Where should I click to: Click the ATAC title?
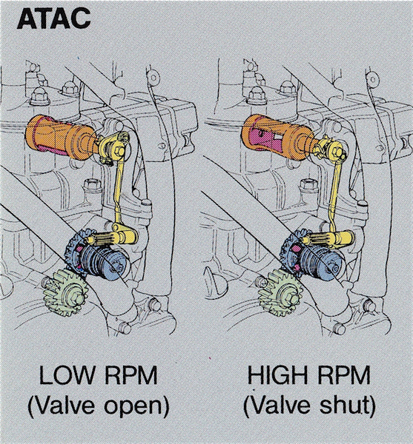coord(53,18)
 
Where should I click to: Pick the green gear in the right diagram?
coord(281,292)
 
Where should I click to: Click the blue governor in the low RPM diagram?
coord(98,258)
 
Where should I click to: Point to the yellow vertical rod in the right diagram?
coord(335,195)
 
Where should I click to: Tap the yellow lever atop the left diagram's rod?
coord(113,148)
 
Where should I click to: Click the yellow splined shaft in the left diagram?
coord(111,238)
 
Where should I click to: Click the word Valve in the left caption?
coord(65,406)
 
